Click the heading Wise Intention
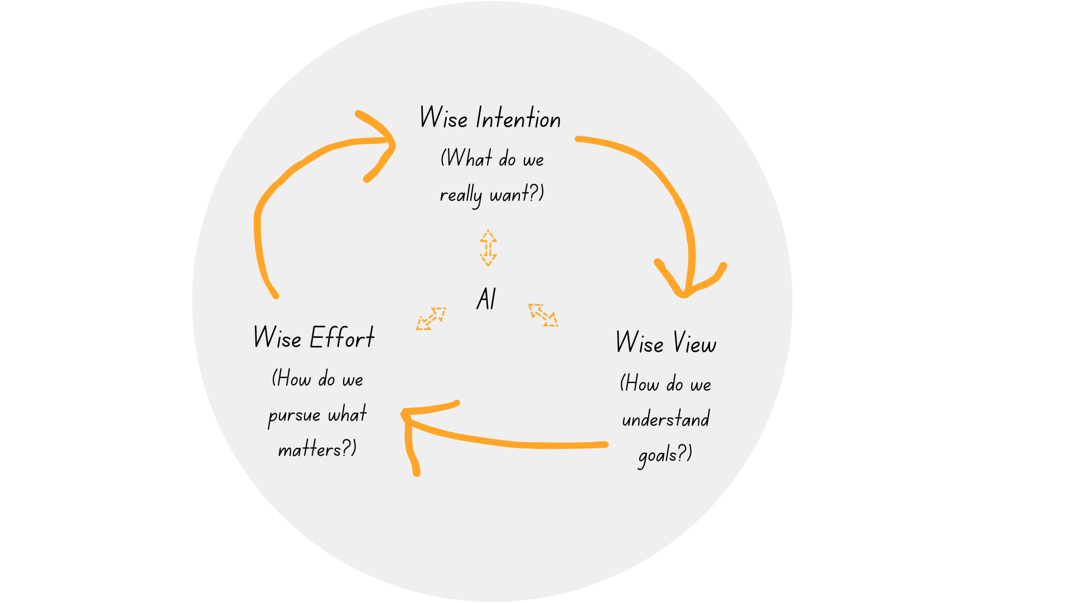490,118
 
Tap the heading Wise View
665,342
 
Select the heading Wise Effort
313,338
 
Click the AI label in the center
486,299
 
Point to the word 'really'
460,195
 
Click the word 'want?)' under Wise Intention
517,194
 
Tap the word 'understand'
665,419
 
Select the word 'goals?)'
665,454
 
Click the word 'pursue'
294,415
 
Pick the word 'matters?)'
317,449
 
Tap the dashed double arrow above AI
488,248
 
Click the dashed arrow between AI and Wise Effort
431,319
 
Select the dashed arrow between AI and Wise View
543,315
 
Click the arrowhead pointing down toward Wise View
688,282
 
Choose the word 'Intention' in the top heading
518,118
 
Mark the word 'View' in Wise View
694,343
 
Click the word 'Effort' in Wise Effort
341,338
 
